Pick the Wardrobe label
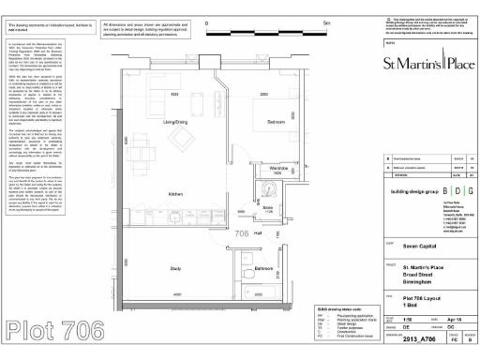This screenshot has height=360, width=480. [x=272, y=168]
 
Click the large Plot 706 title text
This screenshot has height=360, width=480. [x=53, y=330]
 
